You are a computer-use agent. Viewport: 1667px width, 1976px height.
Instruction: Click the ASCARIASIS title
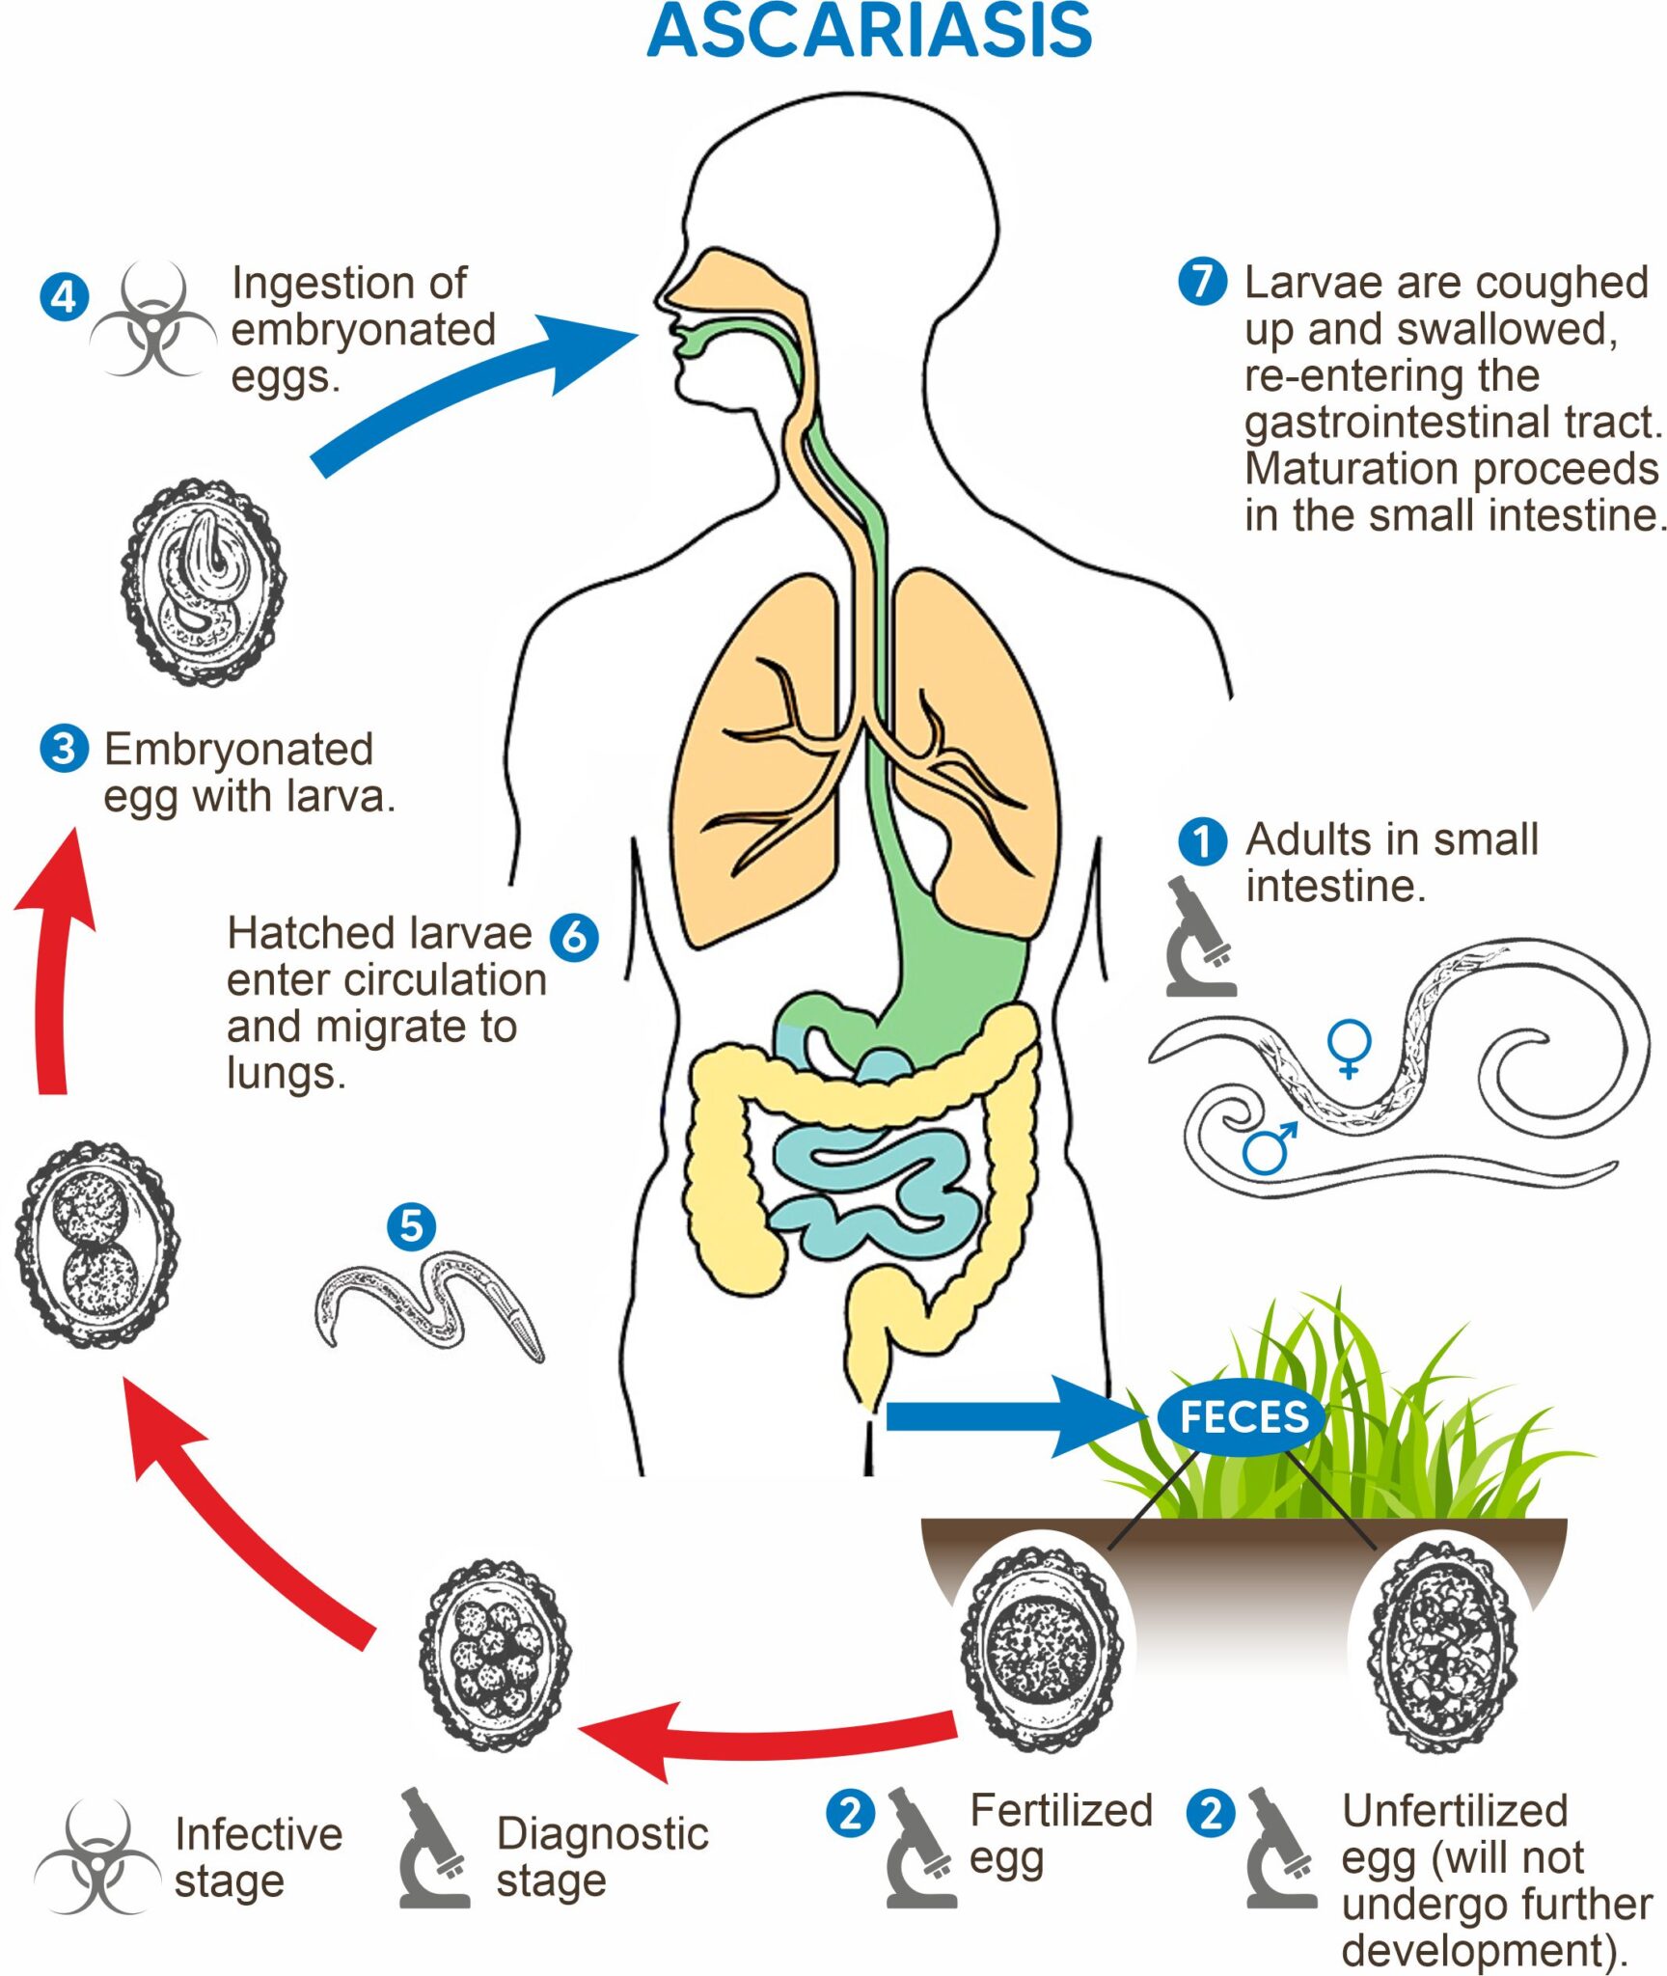(x=869, y=32)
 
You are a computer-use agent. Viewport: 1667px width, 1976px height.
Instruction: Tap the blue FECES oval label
(x=1243, y=1417)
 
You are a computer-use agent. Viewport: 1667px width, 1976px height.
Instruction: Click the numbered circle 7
(x=1202, y=282)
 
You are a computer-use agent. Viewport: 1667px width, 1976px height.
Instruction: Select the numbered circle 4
(x=64, y=296)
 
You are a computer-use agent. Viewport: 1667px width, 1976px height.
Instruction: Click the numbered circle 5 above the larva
(x=411, y=1226)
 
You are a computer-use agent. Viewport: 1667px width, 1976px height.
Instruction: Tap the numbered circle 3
(x=64, y=749)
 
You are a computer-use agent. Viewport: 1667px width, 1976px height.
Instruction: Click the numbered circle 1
(x=1202, y=840)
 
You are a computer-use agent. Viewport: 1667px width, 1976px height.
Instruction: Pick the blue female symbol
(x=1349, y=1047)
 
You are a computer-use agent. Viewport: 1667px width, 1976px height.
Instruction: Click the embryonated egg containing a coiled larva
(x=204, y=584)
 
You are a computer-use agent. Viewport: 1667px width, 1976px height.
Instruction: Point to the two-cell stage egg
(x=97, y=1246)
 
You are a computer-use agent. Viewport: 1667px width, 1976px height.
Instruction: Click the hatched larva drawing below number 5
(x=429, y=1303)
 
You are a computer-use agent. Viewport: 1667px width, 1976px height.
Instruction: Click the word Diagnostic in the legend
(x=602, y=1833)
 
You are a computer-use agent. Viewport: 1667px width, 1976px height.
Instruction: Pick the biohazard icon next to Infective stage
(x=96, y=1857)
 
